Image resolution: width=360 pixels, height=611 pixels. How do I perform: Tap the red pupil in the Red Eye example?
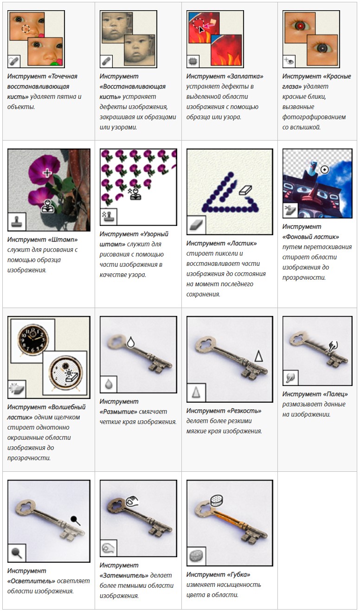[301, 26]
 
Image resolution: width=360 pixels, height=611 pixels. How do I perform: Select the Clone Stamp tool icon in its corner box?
[17, 221]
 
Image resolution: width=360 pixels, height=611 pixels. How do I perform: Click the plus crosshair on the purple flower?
[47, 173]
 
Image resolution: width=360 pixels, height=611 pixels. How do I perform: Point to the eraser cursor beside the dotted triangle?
[245, 190]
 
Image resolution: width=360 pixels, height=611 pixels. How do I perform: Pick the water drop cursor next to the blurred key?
[131, 342]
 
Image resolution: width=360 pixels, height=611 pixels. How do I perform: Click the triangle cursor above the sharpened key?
[258, 356]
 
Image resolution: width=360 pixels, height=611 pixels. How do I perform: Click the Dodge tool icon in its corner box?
[17, 553]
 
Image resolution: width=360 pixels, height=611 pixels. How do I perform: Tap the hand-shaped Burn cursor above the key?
[132, 501]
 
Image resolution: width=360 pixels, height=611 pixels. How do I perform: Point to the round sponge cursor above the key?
[217, 500]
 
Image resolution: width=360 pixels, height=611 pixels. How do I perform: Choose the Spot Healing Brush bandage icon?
[13, 61]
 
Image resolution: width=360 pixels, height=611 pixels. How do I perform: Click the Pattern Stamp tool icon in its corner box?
[108, 217]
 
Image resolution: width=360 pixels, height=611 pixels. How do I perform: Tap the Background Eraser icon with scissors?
[290, 210]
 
